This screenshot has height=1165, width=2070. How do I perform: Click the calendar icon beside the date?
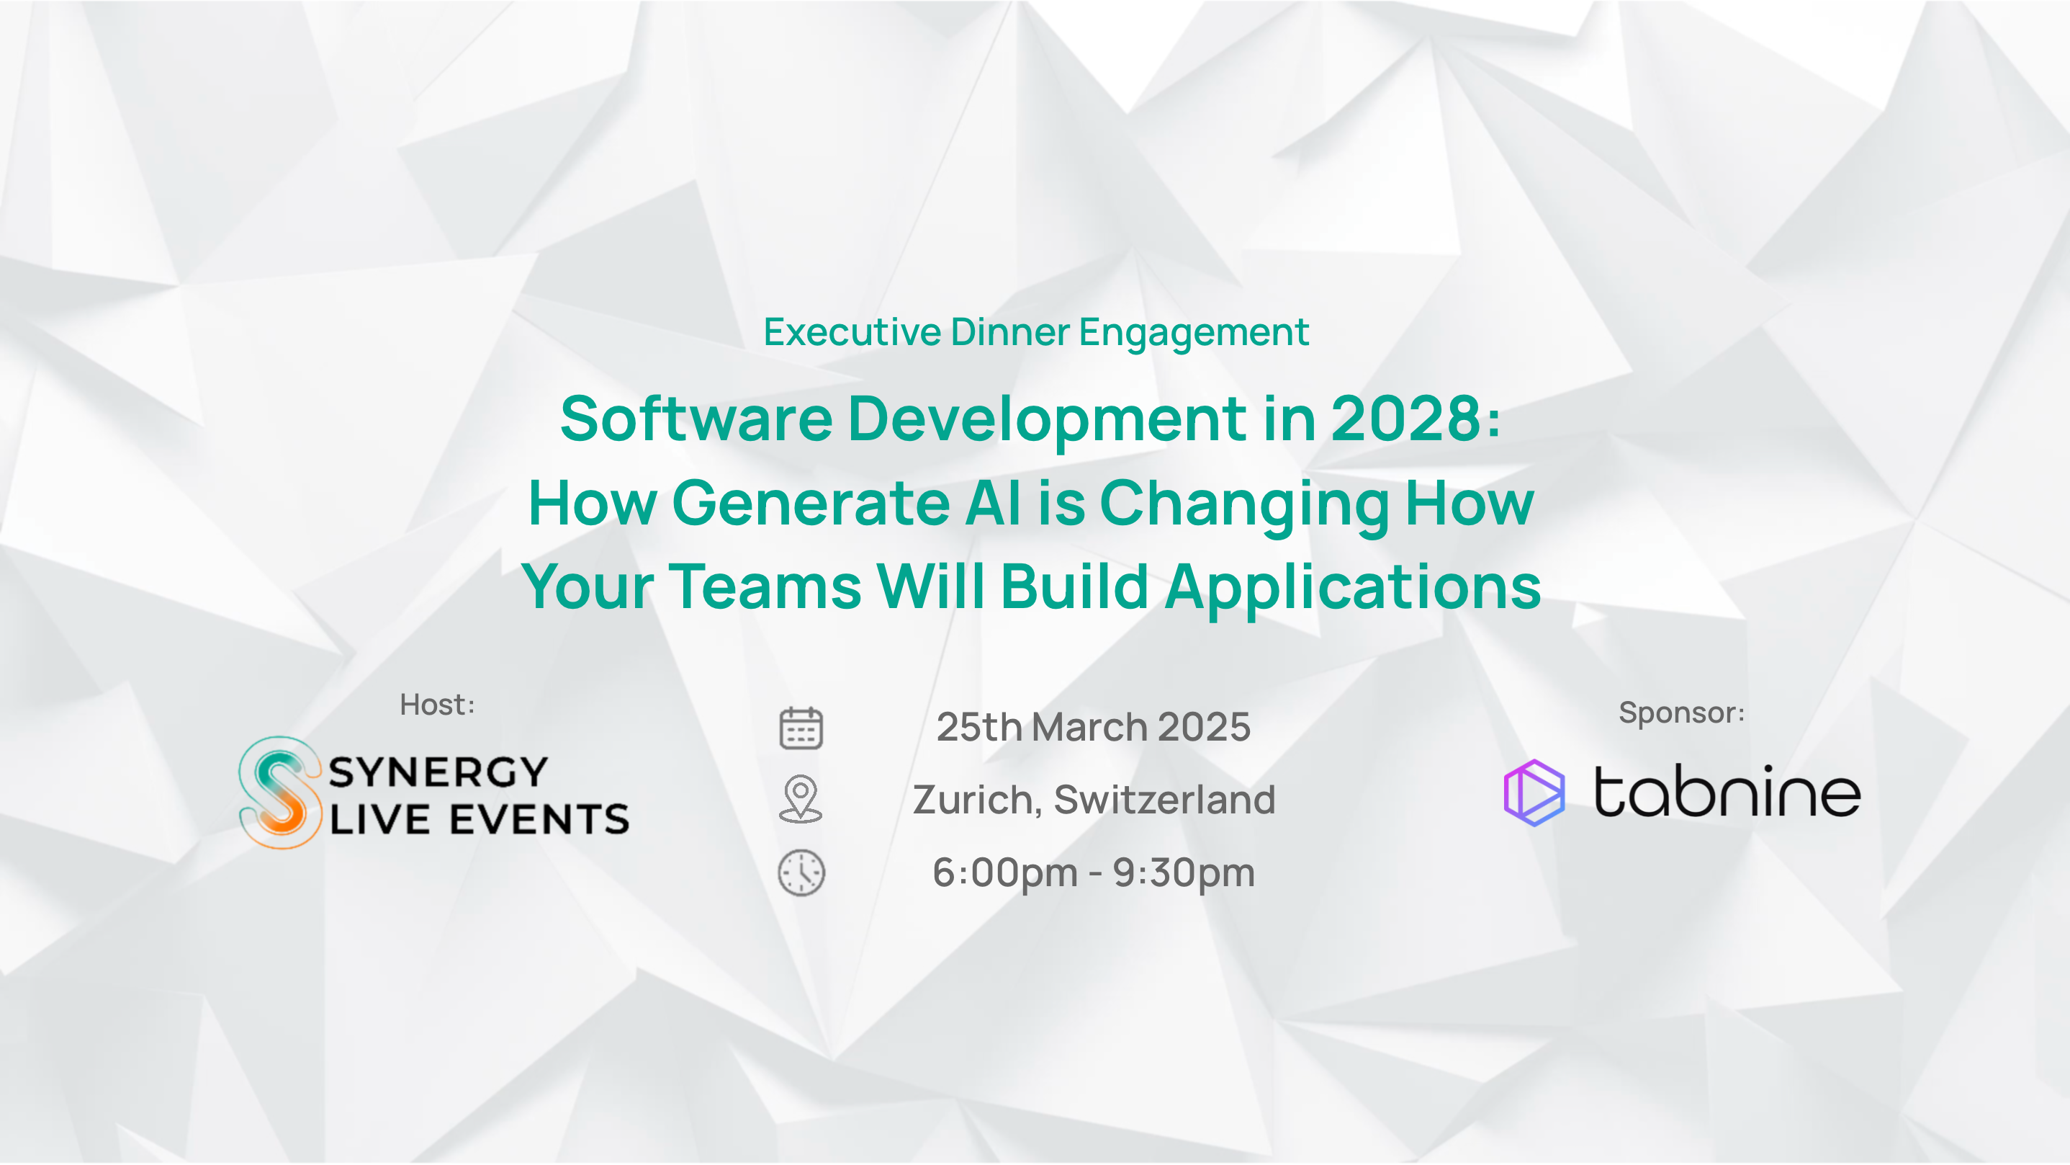tap(801, 728)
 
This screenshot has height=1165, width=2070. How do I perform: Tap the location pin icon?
tap(801, 798)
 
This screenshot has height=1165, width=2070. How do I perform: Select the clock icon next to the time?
tap(801, 872)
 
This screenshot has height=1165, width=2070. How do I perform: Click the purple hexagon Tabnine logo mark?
tap(1534, 793)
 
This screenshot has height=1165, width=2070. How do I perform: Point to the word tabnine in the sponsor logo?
tap(1728, 791)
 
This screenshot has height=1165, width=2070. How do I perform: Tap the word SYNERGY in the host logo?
tap(438, 772)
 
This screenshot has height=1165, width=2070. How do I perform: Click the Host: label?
tap(438, 705)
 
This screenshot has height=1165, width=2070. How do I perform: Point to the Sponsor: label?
tap(1682, 713)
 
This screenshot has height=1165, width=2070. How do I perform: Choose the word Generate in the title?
tap(811, 502)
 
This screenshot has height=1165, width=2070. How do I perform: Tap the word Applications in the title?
tap(1353, 587)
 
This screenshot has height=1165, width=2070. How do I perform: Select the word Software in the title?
tap(697, 418)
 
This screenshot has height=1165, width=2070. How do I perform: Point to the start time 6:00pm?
tap(1005, 873)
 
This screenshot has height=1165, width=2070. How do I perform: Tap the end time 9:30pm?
tap(1184, 873)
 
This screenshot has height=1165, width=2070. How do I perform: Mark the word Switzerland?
tap(1164, 799)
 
